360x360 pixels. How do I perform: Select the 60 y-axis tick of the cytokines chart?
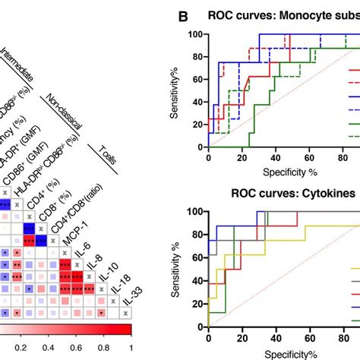pyautogui.click(x=196, y=257)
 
